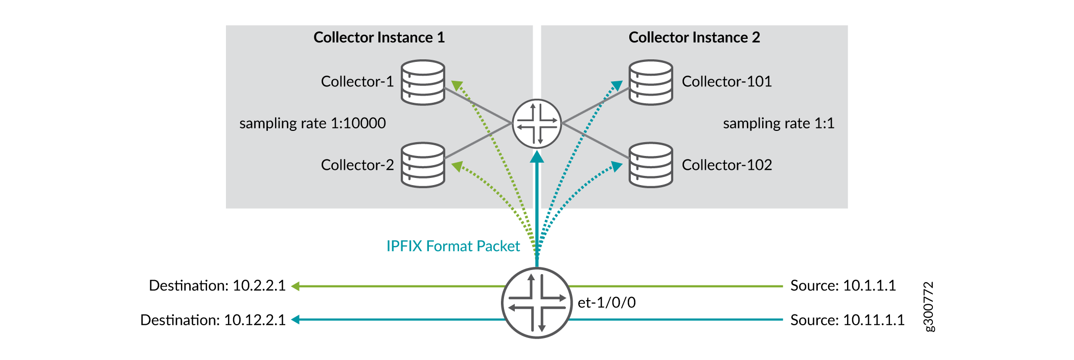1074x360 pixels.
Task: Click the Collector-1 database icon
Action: pyautogui.click(x=423, y=82)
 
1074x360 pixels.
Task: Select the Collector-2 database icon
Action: pyautogui.click(x=423, y=165)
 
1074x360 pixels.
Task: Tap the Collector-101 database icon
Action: pyautogui.click(x=651, y=82)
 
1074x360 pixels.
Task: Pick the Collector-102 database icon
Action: pyautogui.click(x=651, y=165)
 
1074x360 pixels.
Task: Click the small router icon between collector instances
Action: pyautogui.click(x=537, y=124)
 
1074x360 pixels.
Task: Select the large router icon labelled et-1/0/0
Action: pyautogui.click(x=537, y=303)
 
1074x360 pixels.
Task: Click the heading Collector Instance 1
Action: pyautogui.click(x=379, y=37)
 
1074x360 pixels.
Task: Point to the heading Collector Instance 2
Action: pyautogui.click(x=694, y=37)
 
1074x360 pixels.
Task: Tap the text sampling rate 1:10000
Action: pyautogui.click(x=312, y=124)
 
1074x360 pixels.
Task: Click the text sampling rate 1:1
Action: pyautogui.click(x=779, y=124)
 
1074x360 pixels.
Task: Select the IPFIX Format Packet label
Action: pyautogui.click(x=453, y=246)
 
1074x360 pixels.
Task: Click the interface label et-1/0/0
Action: pyautogui.click(x=607, y=303)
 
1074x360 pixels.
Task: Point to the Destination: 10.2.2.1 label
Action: pyautogui.click(x=217, y=285)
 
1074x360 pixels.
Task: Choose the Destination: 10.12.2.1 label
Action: pyautogui.click(x=213, y=320)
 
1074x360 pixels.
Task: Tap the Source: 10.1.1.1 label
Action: pyautogui.click(x=843, y=285)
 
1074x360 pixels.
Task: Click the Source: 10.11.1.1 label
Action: pyautogui.click(x=847, y=320)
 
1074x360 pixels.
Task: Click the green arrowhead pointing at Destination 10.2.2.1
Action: pyautogui.click(x=295, y=286)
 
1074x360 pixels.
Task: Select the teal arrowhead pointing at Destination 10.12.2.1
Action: pyautogui.click(x=295, y=320)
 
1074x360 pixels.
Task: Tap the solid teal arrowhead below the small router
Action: pyautogui.click(x=537, y=156)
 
